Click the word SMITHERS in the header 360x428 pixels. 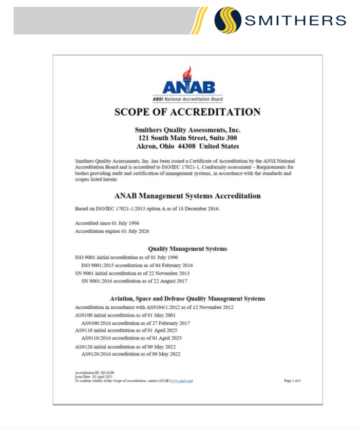tap(295, 21)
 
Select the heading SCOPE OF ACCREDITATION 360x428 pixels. tap(187, 112)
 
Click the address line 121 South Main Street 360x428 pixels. tap(187, 138)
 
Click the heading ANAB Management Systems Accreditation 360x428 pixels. tap(187, 196)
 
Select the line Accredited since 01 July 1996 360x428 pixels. tap(107, 224)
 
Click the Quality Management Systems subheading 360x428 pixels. tap(187, 249)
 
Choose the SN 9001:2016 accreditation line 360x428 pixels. tap(135, 281)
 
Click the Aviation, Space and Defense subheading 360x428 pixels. tap(187, 298)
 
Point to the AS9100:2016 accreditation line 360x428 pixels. tap(136, 323)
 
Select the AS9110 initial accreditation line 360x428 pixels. tap(125, 330)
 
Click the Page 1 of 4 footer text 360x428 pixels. tap(292, 381)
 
